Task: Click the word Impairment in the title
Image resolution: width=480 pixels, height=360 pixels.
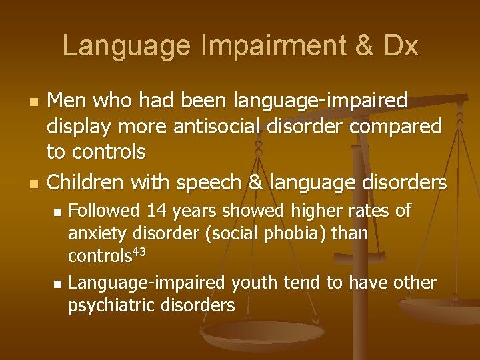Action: coord(263,47)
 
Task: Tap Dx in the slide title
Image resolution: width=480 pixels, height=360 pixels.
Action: coord(400,47)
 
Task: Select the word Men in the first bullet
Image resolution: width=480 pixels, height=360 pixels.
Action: coord(66,101)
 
